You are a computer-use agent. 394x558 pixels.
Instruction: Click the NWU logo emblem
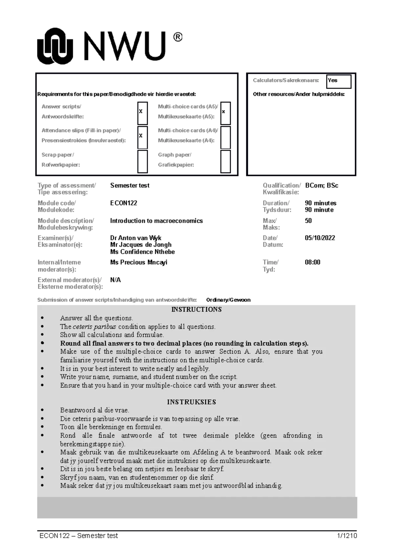[55, 46]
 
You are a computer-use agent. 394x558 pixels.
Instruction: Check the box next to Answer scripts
[142, 113]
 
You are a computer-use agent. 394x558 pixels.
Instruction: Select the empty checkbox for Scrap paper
[142, 161]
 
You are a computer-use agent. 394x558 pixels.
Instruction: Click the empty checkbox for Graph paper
[225, 161]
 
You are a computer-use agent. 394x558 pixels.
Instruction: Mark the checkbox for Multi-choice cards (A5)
[225, 113]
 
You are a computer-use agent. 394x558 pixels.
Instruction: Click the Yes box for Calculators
[338, 81]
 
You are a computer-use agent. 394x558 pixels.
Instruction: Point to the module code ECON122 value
[123, 203]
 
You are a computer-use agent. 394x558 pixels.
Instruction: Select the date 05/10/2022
[320, 238]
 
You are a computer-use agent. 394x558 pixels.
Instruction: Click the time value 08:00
[313, 262]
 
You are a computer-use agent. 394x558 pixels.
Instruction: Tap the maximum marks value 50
[308, 221]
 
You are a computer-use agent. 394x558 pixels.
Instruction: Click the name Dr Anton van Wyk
[136, 238]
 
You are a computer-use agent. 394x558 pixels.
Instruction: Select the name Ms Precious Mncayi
[139, 262]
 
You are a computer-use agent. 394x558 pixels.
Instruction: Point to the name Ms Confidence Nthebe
[142, 252]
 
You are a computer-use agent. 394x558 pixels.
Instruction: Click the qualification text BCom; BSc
[321, 185]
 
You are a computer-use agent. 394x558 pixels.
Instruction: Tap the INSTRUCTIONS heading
[196, 309]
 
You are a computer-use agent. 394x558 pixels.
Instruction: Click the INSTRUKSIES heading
[191, 402]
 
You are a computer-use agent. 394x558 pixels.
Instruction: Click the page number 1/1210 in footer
[347, 536]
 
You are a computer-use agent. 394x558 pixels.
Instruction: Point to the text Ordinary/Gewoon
[228, 300]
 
